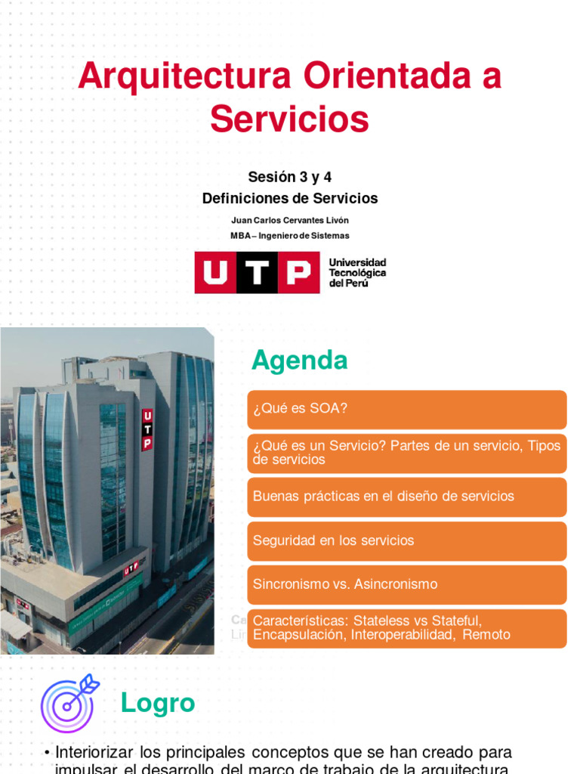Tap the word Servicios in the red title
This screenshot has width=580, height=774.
(289, 119)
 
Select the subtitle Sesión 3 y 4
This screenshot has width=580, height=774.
(290, 177)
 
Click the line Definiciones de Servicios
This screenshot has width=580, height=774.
(290, 199)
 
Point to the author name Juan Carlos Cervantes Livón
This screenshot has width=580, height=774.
(290, 220)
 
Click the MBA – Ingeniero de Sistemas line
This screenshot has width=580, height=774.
(290, 236)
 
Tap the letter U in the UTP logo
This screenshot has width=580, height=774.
(215, 272)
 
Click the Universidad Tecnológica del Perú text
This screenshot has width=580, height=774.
(357, 272)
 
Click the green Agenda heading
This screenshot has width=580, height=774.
(300, 361)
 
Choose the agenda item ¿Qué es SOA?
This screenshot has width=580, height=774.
(406, 409)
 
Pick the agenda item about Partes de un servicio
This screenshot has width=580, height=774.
(406, 453)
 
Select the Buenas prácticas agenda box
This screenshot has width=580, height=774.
(406, 497)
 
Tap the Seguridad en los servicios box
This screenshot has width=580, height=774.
(406, 540)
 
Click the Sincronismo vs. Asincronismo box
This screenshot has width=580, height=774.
(406, 584)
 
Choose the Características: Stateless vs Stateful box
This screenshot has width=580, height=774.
(406, 628)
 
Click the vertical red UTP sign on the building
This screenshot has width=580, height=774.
(147, 429)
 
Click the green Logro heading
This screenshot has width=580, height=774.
(158, 704)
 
